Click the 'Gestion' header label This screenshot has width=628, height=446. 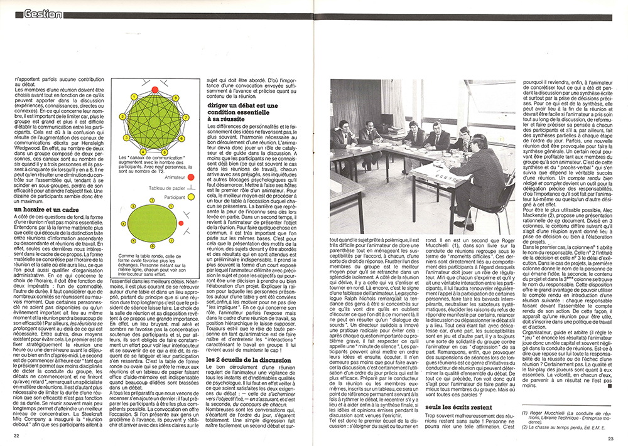tap(43, 14)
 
